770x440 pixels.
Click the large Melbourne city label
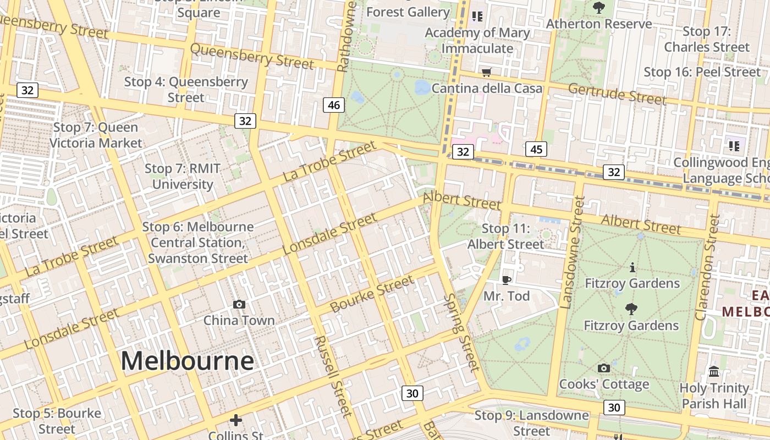pyautogui.click(x=187, y=361)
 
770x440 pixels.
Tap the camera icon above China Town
pyautogui.click(x=239, y=304)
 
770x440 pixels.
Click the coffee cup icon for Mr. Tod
pyautogui.click(x=507, y=280)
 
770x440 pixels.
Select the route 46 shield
pyautogui.click(x=334, y=105)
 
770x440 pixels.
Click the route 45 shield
pyautogui.click(x=536, y=149)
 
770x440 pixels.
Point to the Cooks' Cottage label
pyautogui.click(x=604, y=384)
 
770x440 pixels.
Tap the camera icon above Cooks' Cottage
pyautogui.click(x=603, y=368)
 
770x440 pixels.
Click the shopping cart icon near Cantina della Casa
pyautogui.click(x=486, y=72)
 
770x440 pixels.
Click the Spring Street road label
pyautogui.click(x=461, y=332)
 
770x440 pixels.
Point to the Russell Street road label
pyautogui.click(x=332, y=376)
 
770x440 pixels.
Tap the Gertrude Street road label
pyautogui.click(x=617, y=94)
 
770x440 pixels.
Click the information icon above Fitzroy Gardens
pyautogui.click(x=632, y=268)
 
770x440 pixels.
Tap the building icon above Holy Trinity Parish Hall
pyautogui.click(x=714, y=372)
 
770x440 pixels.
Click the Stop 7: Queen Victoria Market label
pyautogui.click(x=96, y=135)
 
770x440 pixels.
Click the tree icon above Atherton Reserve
pyautogui.click(x=599, y=8)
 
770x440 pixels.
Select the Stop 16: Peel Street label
pyautogui.click(x=702, y=72)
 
